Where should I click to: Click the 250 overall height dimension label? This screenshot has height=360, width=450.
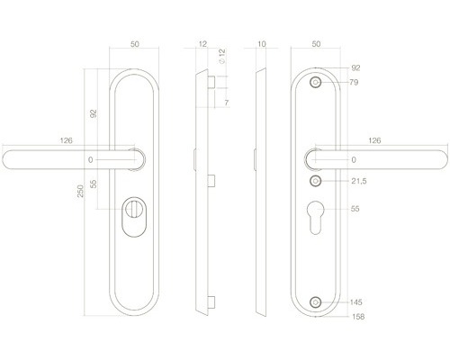coord(80,191)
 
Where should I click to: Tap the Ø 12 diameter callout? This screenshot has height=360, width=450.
coord(222,56)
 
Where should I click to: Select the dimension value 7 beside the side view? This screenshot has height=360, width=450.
coord(227,103)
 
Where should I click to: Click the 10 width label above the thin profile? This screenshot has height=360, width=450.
coord(262,44)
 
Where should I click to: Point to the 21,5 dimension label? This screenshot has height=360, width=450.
coord(359,181)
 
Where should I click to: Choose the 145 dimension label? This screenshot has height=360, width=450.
coord(356,302)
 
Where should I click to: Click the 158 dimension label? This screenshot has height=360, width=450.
coord(358,317)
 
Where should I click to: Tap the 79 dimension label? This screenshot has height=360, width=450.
coord(354,82)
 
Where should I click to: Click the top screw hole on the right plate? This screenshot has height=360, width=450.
coord(315,82)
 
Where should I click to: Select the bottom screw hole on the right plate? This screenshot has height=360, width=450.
coord(315,302)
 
